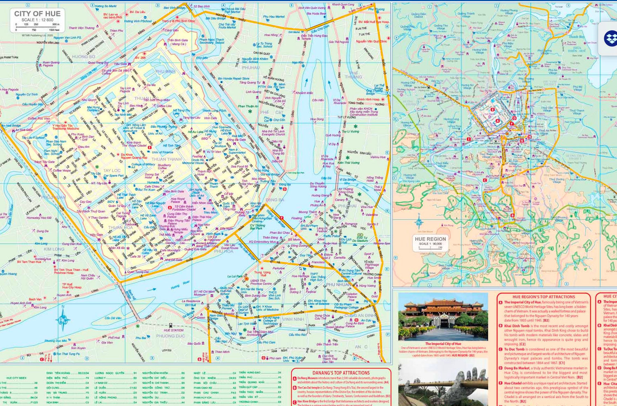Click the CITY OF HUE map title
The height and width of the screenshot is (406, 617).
pos(37,14)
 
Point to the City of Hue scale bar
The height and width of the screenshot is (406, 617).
pos(37,25)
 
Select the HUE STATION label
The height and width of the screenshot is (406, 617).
pos(174,330)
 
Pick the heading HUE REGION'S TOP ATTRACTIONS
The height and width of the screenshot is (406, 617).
pos(544,297)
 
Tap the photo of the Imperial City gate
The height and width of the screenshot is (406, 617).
pos(443,316)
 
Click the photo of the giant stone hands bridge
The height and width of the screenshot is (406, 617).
pos(443,382)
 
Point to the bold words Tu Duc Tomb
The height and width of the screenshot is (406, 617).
pos(514,349)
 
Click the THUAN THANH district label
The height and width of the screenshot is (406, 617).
pos(166,159)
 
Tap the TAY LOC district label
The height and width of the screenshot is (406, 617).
pos(111,171)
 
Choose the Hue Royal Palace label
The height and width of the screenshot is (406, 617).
pos(178,200)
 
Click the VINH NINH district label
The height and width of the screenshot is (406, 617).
pos(293,319)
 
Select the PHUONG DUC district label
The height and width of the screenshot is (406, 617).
pos(170,336)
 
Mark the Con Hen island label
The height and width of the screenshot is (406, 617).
pos(318,100)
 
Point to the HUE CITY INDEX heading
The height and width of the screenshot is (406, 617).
pos(16,378)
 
